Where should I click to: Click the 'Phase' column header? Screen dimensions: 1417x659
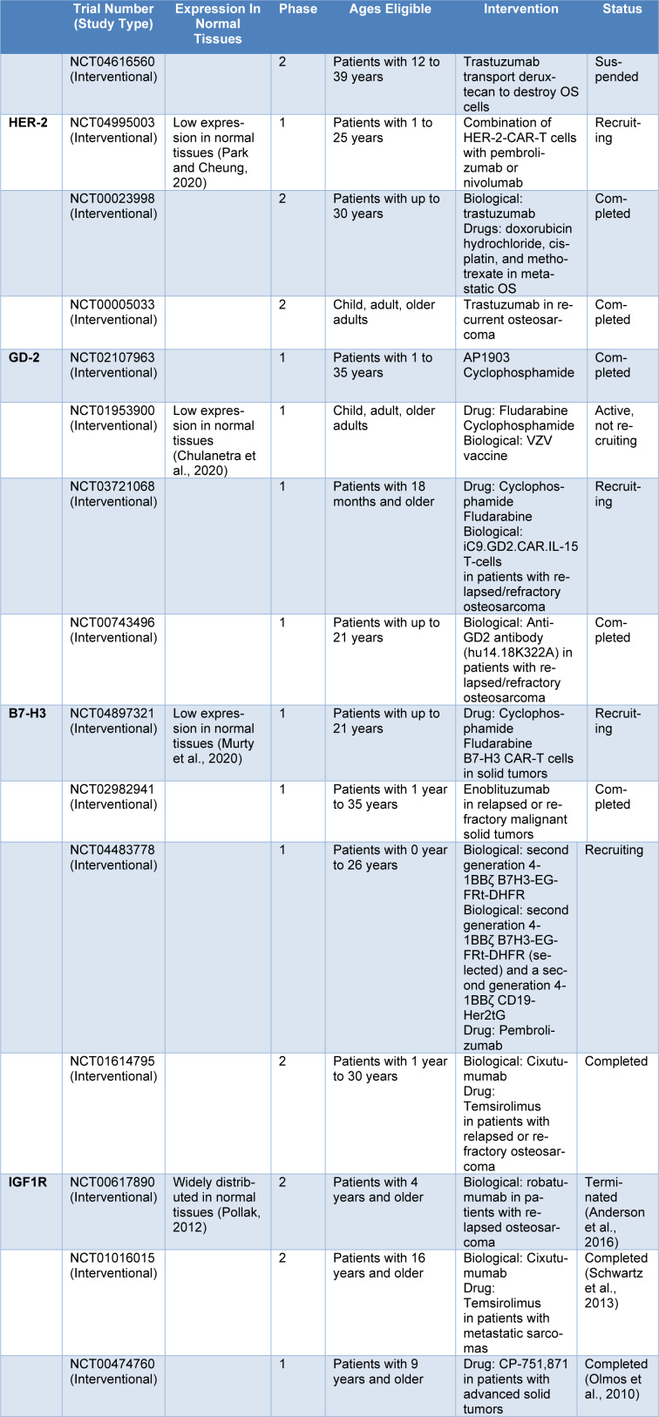pyautogui.click(x=298, y=10)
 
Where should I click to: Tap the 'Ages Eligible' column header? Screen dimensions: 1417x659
pyautogui.click(x=390, y=10)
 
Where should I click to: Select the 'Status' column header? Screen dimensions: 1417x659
pyautogui.click(x=622, y=10)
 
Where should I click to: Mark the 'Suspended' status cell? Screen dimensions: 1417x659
pyautogui.click(x=616, y=70)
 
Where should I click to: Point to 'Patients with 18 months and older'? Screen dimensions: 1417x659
pyautogui.click(x=384, y=494)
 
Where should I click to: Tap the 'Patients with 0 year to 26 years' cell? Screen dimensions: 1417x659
pyautogui.click(x=390, y=858)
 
